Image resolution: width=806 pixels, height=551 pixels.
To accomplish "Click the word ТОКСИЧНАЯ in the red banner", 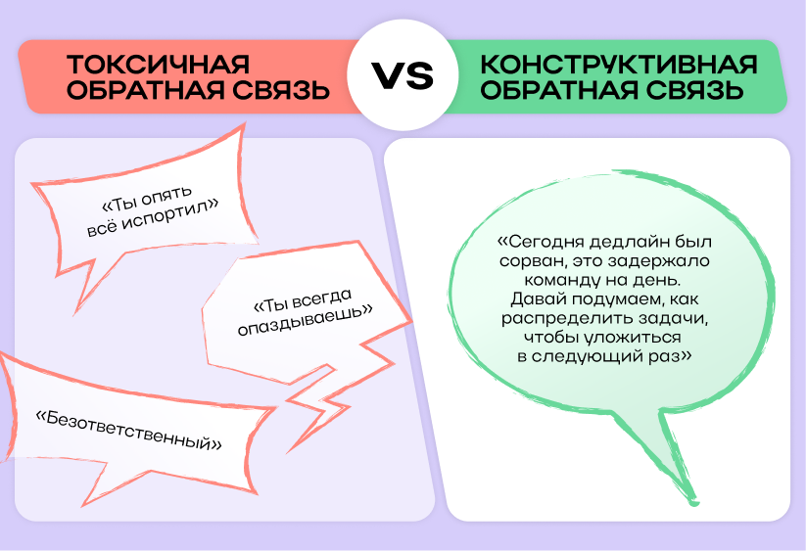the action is click(158, 65).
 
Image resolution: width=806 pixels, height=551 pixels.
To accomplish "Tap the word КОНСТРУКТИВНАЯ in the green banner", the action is click(618, 65).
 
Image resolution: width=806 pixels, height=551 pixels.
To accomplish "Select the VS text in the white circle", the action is click(403, 75).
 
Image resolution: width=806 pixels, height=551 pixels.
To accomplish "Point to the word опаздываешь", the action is click(305, 319).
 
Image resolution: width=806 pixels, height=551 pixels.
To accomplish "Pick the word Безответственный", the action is click(128, 431).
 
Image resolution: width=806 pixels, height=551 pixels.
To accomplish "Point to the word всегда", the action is click(323, 299).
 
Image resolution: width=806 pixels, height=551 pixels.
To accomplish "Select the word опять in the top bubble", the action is click(166, 196).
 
